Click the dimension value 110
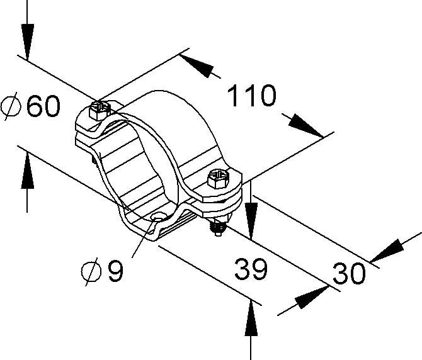(252, 95)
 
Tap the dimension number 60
(43, 106)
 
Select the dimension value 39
(251, 269)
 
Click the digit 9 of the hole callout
(115, 270)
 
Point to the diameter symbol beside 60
(11, 106)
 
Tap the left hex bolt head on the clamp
(100, 110)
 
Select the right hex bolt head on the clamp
(218, 179)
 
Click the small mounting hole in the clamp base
(158, 217)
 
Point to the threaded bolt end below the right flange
(218, 227)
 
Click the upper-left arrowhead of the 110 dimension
(197, 66)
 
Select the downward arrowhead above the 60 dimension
(27, 42)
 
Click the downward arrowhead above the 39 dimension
(251, 220)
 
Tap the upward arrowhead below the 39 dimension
(251, 318)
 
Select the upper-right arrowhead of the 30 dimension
(387, 250)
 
